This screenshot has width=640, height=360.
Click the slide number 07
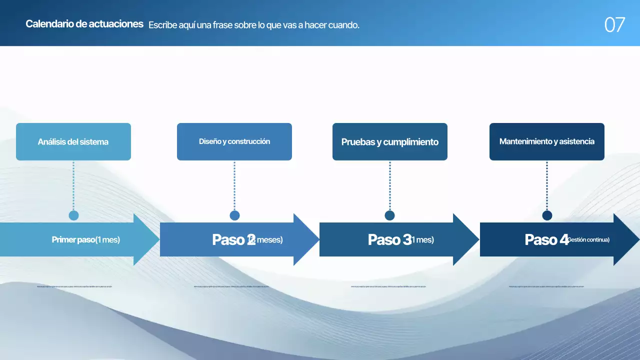pos(614,24)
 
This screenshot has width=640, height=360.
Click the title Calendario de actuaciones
pos(84,24)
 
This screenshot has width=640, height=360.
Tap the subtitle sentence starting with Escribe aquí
pos(254,25)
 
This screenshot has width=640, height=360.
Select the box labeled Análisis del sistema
pos(73,142)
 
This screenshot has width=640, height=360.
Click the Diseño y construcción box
pos(234,142)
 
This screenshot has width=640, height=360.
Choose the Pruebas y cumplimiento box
pos(390,142)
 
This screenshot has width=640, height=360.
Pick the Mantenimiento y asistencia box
pos(547,142)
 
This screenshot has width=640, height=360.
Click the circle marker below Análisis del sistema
pos(73,215)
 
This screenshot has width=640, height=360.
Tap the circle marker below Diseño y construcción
pos(234,215)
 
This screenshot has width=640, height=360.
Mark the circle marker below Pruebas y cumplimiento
pos(390,215)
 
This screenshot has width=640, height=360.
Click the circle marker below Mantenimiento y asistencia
pos(547,215)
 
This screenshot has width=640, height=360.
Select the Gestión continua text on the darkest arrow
pos(589,240)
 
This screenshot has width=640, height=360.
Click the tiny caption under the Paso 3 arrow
pos(388,287)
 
